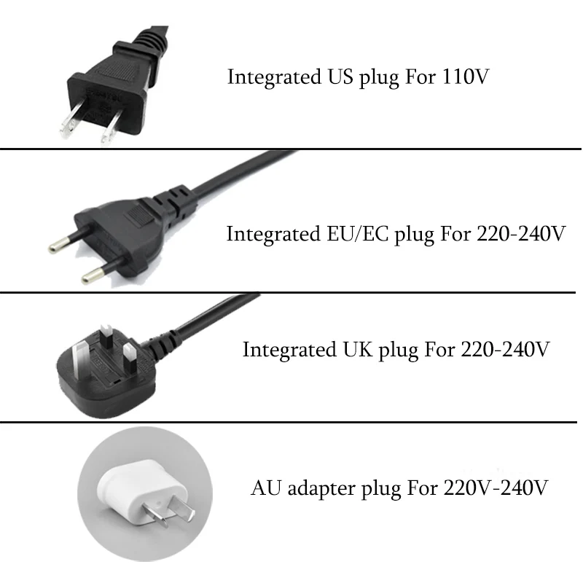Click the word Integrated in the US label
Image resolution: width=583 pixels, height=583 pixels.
[x=270, y=78]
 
